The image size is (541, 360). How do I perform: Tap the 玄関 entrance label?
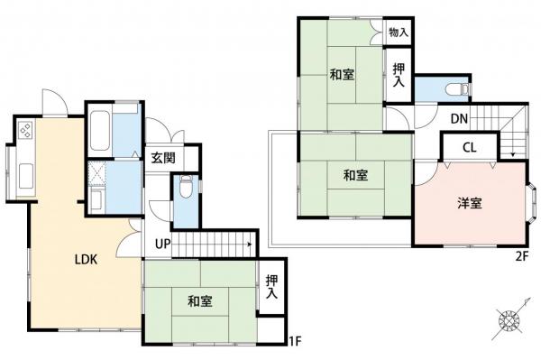(163, 158)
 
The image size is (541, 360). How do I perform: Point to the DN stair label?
(458, 118)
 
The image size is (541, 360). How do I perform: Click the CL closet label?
(470, 148)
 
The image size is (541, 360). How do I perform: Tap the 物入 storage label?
(399, 32)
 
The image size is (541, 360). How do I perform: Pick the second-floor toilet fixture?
(460, 88)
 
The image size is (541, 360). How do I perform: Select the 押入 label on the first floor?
(271, 288)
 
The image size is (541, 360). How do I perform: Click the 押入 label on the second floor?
(398, 75)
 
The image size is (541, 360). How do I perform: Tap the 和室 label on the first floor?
(200, 300)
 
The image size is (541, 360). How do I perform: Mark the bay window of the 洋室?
(533, 204)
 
